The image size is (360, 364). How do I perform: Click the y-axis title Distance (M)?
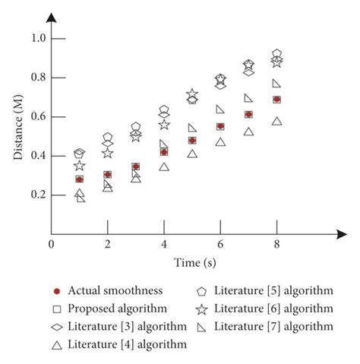tap(17, 135)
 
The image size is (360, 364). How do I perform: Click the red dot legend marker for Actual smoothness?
tap(56, 290)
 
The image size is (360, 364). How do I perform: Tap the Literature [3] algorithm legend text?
tap(127, 326)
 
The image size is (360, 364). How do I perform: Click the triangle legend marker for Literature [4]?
tap(56, 343)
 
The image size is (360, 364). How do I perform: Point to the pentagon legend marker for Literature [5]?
tap(203, 290)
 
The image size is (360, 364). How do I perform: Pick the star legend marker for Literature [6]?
tap(203, 309)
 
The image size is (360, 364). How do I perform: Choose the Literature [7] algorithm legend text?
tap(273, 326)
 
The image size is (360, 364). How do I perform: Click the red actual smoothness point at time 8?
tap(276, 100)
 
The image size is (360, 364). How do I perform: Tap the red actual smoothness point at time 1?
tap(79, 179)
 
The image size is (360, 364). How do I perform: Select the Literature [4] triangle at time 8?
tap(276, 122)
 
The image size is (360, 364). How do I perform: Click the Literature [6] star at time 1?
tap(79, 166)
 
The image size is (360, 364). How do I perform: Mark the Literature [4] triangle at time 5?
tap(192, 154)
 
